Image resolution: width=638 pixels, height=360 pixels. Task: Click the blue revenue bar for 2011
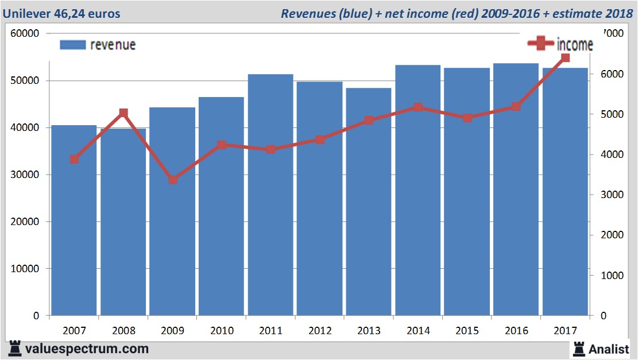(270, 195)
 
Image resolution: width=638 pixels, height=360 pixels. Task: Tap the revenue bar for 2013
(369, 202)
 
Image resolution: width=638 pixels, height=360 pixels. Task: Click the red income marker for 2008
(123, 113)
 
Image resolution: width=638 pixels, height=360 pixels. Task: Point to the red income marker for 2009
(172, 180)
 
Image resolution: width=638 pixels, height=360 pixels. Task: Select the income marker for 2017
(565, 57)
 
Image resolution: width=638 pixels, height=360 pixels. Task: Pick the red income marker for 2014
(418, 107)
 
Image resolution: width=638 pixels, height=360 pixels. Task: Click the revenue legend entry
(98, 45)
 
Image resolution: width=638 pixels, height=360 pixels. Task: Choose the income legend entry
(560, 44)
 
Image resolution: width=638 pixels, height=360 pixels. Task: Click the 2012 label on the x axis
(319, 331)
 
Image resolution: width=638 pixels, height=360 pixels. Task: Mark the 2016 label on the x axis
(516, 331)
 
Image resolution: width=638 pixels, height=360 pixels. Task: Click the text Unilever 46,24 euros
(61, 13)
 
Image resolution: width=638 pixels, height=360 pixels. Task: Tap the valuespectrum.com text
(87, 349)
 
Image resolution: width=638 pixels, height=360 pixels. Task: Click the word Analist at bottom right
(609, 349)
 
